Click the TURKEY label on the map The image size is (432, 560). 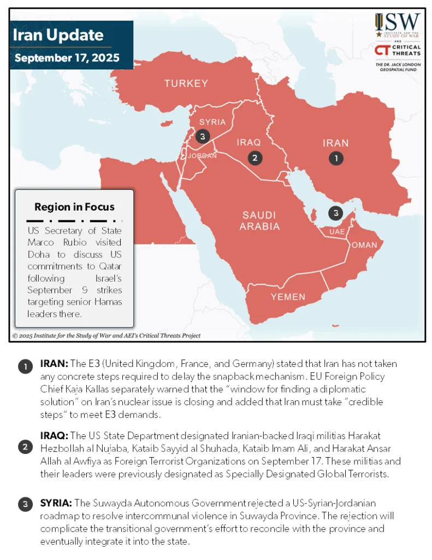(186, 84)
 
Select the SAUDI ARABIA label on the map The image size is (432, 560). (260, 220)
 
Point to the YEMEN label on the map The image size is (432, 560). (288, 297)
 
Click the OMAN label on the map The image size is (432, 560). (364, 245)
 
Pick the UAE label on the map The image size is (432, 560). (337, 232)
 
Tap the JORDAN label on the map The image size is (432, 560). (202, 156)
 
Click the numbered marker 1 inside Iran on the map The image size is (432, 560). (336, 158)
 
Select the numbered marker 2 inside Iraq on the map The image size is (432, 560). (255, 158)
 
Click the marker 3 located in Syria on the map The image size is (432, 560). (202, 136)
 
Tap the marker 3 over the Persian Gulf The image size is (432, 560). (336, 213)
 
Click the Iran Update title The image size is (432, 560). (58, 36)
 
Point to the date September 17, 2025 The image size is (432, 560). (67, 58)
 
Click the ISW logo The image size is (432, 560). (397, 24)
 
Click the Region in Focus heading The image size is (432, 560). (74, 207)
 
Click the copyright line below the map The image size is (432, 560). (106, 336)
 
